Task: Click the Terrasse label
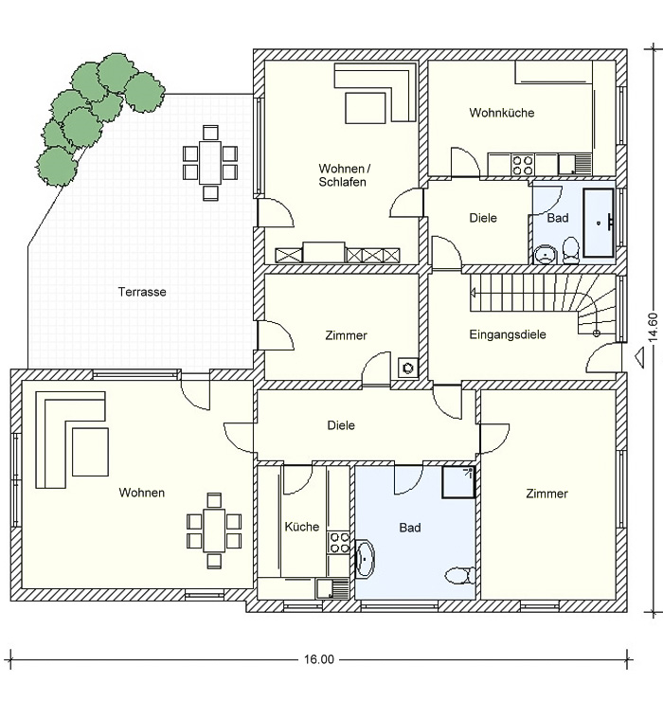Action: coord(142,292)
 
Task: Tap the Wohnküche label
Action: coord(502,112)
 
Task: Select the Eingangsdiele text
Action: coord(508,334)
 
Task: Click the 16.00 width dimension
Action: coord(319,659)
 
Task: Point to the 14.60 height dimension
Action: coord(654,328)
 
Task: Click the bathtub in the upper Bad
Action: coord(599,223)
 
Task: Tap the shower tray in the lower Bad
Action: coord(458,482)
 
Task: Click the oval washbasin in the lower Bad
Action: coord(366,558)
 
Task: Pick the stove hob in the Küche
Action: coord(338,542)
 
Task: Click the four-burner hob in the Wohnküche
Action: coord(523,165)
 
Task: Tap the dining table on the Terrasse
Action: coord(209,162)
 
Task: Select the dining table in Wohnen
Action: coord(214,530)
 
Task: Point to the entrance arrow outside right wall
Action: coord(640,355)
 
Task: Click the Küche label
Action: coord(302,527)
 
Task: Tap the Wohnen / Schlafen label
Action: coord(344,175)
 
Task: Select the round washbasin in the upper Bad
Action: coord(545,255)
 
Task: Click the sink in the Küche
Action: coord(331,588)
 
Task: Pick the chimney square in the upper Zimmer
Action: coord(407,368)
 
